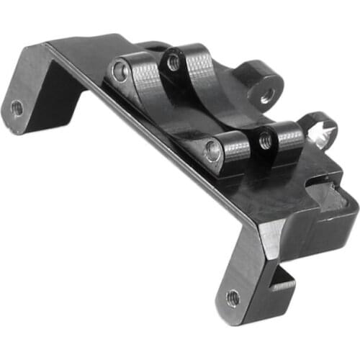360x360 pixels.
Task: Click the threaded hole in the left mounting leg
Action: coord(16,108)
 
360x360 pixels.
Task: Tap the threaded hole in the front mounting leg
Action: coord(233,297)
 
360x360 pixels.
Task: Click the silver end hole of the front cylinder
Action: coord(213,150)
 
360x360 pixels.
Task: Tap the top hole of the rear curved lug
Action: coord(174,63)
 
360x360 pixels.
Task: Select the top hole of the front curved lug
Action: coord(266,142)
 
